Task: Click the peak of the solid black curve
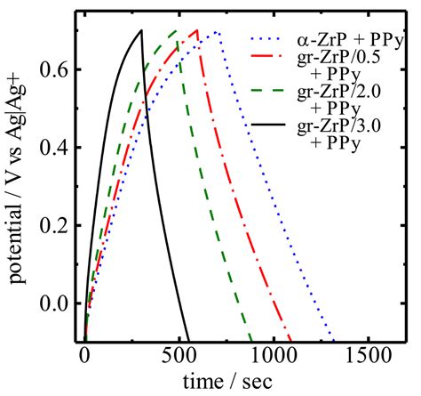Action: [x=141, y=31]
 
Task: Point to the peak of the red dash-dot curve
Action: [x=197, y=31]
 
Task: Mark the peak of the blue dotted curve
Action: [x=216, y=32]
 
